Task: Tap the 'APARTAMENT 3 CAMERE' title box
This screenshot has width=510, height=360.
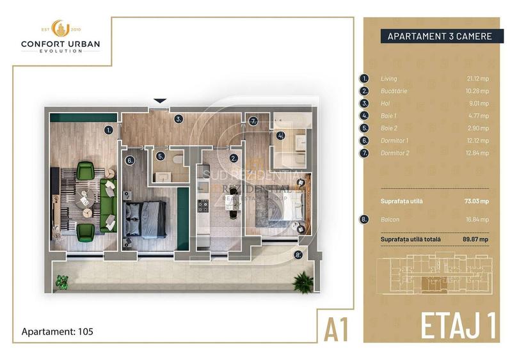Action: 439,36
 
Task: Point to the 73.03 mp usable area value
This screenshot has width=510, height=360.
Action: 476,201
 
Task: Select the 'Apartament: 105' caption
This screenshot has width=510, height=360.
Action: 59,332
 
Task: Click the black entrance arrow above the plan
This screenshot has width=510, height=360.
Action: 160,101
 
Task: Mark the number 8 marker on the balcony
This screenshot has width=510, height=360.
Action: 298,255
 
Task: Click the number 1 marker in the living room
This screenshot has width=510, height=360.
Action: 109,130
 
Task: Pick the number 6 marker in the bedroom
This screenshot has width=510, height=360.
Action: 130,160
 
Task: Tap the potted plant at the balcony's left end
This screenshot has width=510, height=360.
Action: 62,281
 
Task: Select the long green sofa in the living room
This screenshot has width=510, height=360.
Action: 107,205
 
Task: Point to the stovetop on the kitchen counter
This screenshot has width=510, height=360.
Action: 204,205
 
